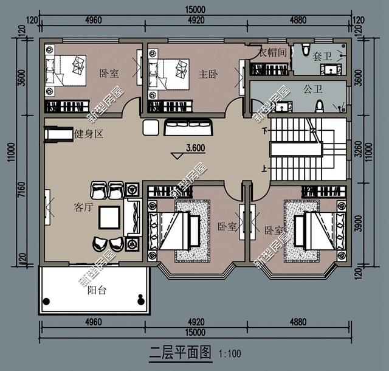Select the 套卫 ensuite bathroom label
tap(323, 56)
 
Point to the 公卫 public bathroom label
tap(311, 89)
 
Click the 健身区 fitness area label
tap(88, 134)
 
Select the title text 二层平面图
tap(180, 352)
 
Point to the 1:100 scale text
tap(228, 353)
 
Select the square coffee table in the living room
tap(110, 217)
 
